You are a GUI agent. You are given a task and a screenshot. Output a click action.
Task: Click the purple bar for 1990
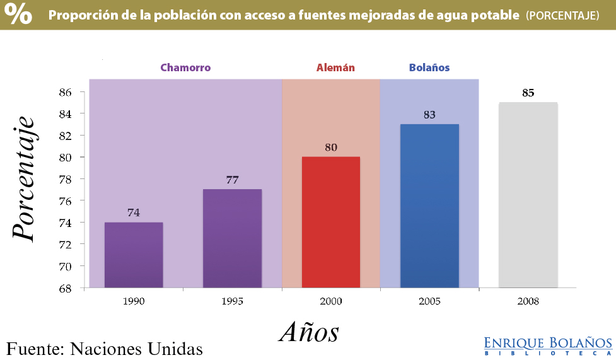tap(134, 255)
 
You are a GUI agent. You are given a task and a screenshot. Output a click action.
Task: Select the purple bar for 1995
tap(232, 238)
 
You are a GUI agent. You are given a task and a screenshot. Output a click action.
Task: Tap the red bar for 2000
tap(331, 222)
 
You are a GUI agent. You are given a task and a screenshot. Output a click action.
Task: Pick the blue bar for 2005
tap(429, 206)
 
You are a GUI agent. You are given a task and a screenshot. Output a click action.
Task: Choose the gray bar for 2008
tap(528, 195)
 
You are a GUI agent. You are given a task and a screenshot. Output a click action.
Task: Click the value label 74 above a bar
tap(134, 213)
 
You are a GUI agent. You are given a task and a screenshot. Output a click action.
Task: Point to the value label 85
tap(528, 93)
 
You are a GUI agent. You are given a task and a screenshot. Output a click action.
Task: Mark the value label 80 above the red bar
tap(331, 148)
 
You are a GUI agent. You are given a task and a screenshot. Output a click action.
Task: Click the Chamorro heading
tap(185, 67)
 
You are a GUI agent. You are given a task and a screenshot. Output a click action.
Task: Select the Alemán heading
tap(335, 67)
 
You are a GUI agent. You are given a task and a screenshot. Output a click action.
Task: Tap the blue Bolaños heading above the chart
tap(429, 67)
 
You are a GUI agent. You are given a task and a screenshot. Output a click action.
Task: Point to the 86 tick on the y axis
tap(66, 92)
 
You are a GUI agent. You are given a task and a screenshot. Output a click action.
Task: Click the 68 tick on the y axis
tap(66, 288)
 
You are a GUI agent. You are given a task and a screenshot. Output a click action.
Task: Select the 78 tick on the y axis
tap(66, 179)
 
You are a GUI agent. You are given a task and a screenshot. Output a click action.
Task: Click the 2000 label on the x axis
tap(331, 301)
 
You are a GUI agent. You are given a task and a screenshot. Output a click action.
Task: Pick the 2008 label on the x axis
tap(528, 301)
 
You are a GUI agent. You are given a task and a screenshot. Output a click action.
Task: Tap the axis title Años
tap(309, 332)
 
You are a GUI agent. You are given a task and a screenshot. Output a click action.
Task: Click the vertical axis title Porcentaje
tap(23, 178)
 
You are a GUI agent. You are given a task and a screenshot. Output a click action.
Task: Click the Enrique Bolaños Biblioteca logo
tap(548, 345)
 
